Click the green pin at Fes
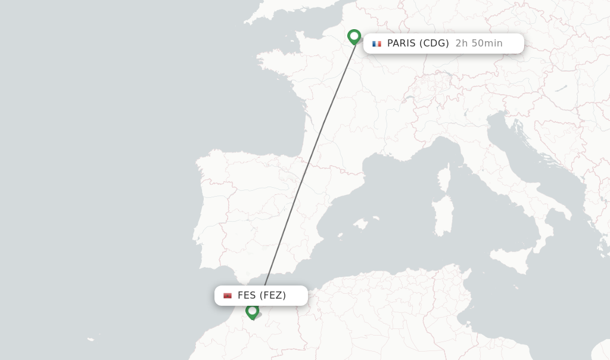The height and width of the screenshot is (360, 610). [x=252, y=311]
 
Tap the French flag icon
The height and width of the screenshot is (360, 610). [x=376, y=44]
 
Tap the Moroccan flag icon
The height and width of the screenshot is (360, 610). [x=228, y=296]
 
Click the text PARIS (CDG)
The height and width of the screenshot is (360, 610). [x=418, y=44]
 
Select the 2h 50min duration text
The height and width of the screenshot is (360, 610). [x=479, y=44]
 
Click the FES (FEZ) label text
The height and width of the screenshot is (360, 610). [x=262, y=296]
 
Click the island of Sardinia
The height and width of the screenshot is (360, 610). [x=442, y=214]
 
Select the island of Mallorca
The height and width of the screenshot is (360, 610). [x=360, y=224]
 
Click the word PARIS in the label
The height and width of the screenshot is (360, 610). [x=402, y=44]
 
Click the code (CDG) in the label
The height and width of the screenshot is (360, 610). [x=434, y=44]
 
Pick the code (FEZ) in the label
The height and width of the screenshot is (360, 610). [x=273, y=296]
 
